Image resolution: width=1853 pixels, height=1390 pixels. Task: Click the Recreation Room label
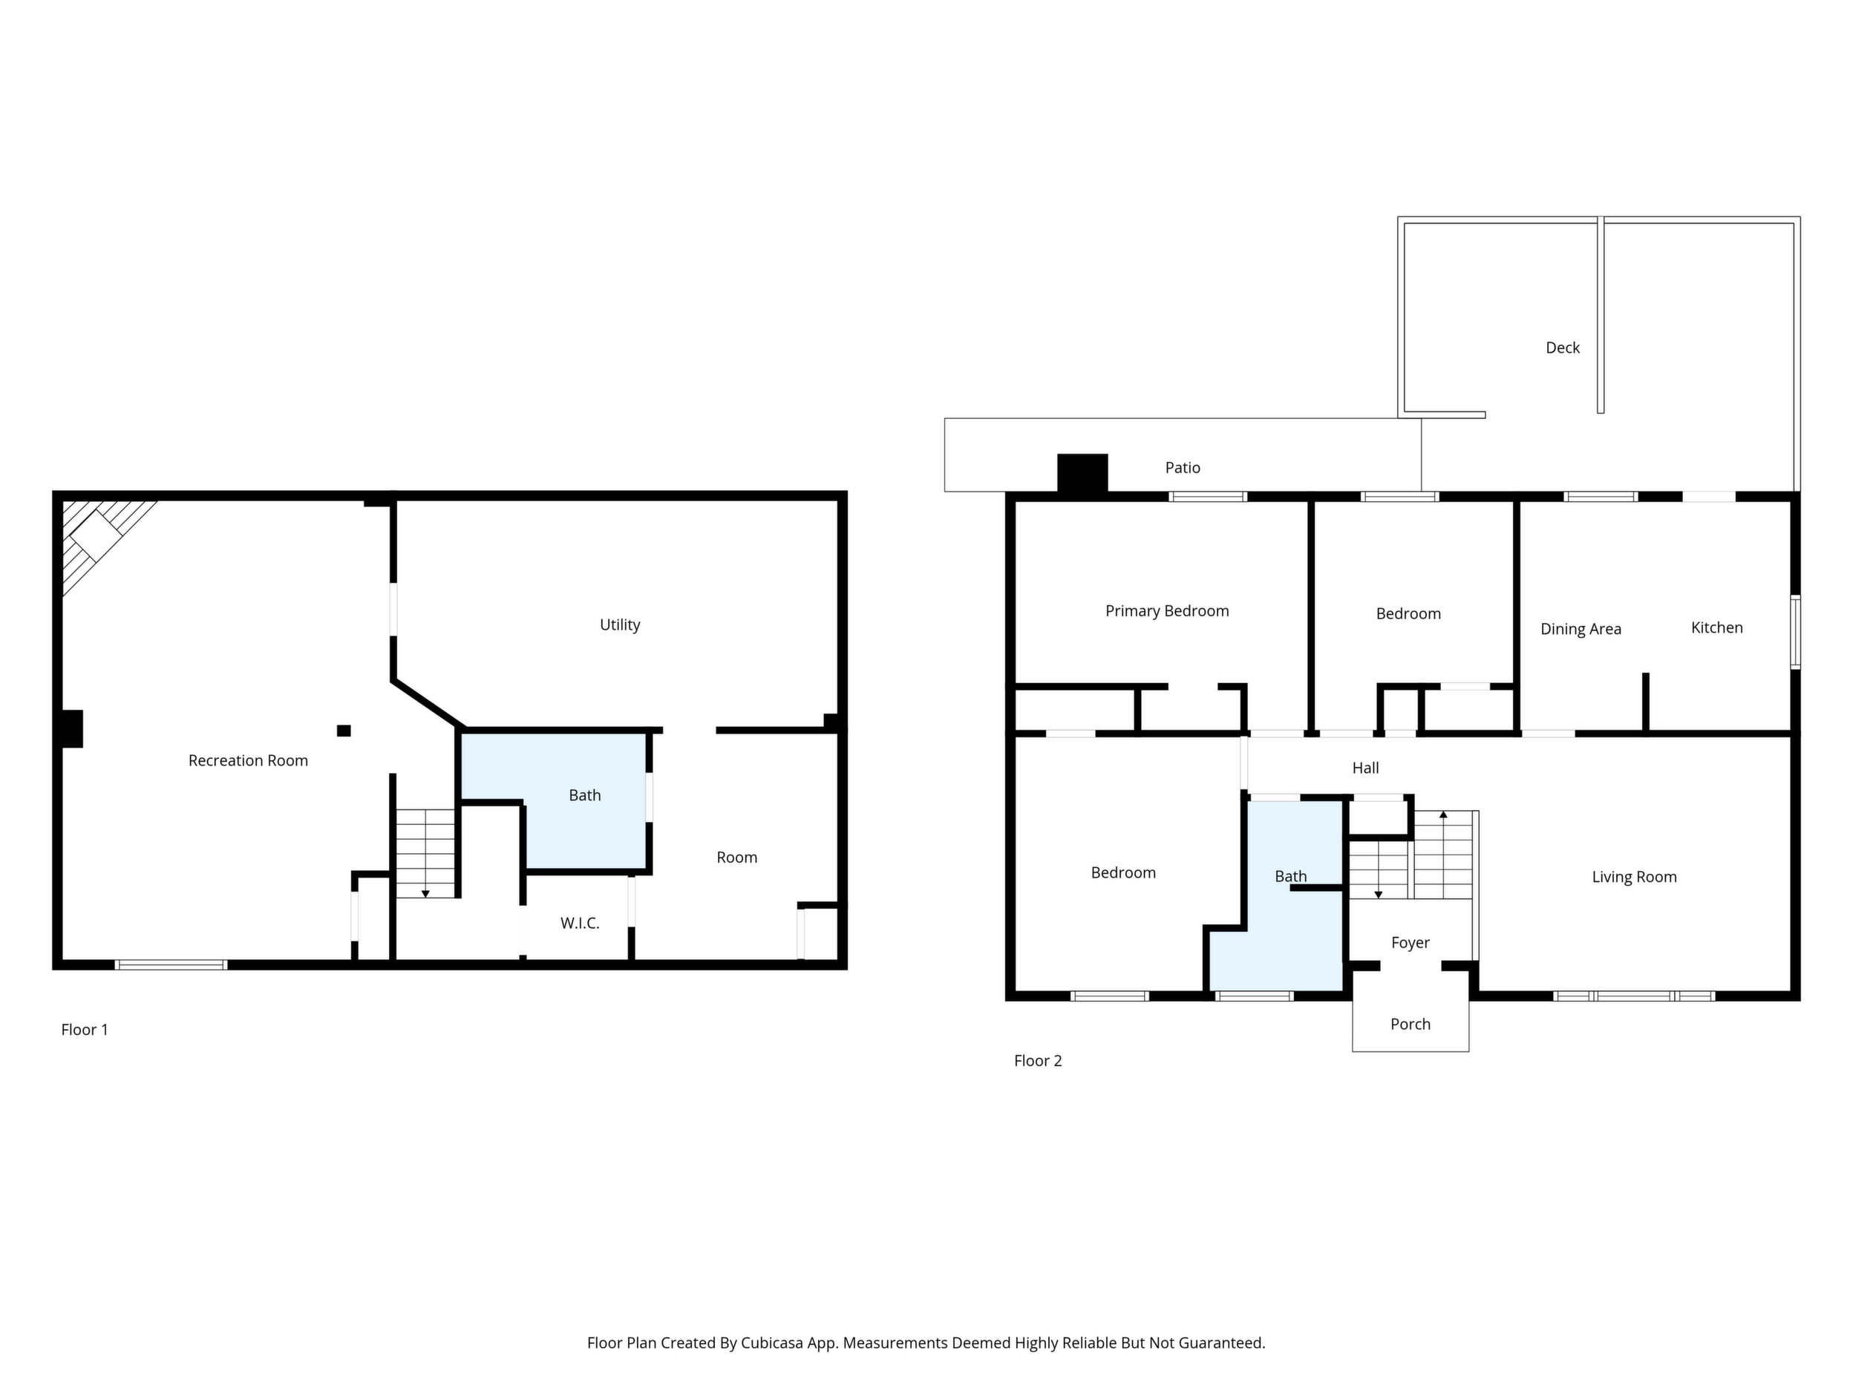248,761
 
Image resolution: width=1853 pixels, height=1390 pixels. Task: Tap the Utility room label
620,625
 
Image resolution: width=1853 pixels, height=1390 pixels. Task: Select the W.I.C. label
580,923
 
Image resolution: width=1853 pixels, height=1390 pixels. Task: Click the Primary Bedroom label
1167,612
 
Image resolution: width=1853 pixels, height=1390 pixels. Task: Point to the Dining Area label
1581,629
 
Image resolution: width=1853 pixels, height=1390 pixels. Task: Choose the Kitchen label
1716,627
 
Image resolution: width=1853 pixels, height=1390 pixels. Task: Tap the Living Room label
1634,877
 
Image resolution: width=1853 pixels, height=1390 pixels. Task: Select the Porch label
1411,1024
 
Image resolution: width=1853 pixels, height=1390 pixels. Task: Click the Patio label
1183,468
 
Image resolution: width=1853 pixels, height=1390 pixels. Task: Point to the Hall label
1365,768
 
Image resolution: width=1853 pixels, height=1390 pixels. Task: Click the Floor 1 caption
85,1030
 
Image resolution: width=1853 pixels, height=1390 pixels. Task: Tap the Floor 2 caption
1038,1061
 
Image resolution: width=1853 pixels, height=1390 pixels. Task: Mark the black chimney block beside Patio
1082,474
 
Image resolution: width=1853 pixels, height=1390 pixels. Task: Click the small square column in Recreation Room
344,731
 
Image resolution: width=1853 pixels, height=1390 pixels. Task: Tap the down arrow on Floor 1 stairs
425,894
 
